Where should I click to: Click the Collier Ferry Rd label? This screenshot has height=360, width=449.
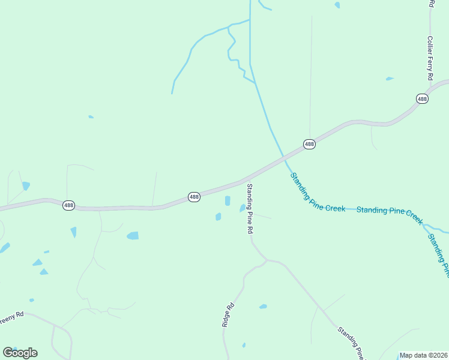[430, 59]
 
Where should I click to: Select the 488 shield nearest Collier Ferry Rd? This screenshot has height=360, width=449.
[423, 99]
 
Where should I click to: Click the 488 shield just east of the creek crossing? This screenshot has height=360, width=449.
[309, 145]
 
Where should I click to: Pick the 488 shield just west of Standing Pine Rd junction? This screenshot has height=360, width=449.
[194, 197]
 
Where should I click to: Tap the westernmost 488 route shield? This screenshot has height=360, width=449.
[69, 205]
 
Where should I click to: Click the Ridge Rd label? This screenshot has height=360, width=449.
[228, 315]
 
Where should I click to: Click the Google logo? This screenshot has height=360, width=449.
[20, 353]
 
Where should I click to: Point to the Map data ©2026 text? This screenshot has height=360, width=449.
[424, 355]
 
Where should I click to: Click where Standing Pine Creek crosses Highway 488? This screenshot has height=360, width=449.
[283, 158]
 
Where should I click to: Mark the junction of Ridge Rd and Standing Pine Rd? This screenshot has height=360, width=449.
[267, 260]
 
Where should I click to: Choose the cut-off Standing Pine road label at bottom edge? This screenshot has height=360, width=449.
[351, 343]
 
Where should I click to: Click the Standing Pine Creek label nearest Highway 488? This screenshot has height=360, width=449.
[318, 193]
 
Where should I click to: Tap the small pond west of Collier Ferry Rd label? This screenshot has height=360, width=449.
[390, 79]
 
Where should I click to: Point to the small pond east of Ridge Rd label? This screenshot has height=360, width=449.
[263, 307]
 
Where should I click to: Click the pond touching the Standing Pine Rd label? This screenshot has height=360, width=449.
[243, 208]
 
